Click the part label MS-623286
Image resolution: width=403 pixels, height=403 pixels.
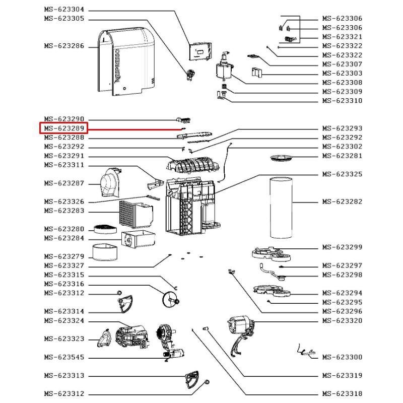(64, 46)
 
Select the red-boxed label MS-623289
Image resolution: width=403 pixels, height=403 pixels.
(64, 128)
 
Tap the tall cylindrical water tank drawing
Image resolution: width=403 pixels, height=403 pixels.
(281, 208)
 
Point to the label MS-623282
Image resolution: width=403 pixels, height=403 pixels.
(342, 201)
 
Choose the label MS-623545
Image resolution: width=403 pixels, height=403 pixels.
(64, 357)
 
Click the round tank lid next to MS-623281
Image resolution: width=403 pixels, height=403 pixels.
(282, 158)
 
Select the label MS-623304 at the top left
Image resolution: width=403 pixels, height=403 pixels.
(64, 10)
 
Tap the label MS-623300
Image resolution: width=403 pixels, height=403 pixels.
(342, 357)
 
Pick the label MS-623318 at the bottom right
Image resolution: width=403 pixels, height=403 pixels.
(342, 394)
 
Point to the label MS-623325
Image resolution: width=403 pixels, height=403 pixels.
(342, 174)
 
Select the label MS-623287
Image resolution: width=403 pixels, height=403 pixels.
(64, 183)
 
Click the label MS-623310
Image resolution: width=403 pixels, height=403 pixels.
(342, 101)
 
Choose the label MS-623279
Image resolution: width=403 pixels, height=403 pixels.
(64, 256)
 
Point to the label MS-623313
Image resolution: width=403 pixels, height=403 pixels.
(64, 376)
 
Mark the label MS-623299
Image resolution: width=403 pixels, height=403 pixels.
(342, 247)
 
